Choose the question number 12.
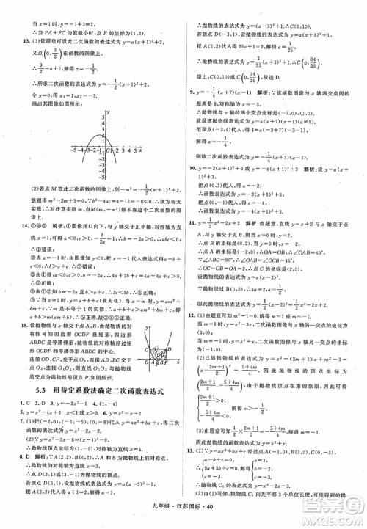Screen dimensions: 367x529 pos(194,333)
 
